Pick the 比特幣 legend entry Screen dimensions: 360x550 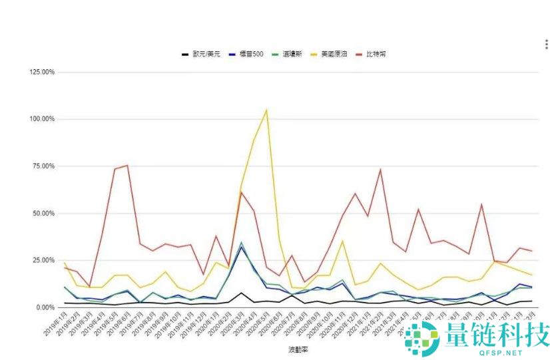coord(377,54)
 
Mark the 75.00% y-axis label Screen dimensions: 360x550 coord(42,166)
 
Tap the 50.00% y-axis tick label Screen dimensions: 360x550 coord(42,214)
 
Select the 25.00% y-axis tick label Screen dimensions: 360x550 coord(42,260)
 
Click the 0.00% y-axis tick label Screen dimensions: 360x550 coord(43,307)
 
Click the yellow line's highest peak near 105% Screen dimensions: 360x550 coord(266,110)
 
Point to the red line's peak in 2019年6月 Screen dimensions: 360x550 coord(127,166)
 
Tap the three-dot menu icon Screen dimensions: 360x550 coord(546,45)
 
